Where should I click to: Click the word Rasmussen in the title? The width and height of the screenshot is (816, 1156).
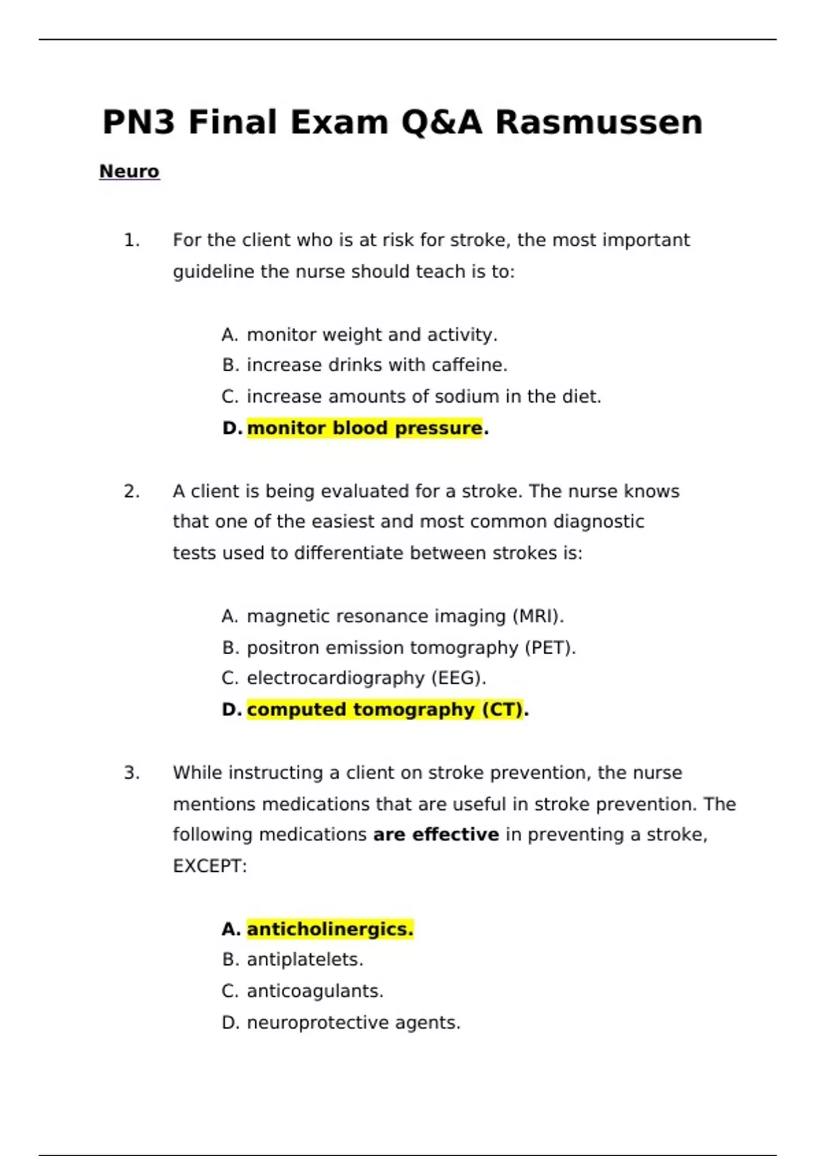598,123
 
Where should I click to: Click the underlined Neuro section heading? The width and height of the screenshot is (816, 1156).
129,171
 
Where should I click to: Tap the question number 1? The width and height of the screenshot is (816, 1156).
131,240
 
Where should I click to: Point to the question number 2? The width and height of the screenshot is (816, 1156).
131,491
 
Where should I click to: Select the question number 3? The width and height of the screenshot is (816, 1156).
131,772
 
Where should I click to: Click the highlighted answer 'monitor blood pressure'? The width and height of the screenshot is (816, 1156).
364,428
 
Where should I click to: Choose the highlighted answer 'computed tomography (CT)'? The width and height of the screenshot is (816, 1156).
385,710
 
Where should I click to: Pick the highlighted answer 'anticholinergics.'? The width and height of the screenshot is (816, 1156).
330,929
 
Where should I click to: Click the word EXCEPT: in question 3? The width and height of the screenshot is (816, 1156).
210,866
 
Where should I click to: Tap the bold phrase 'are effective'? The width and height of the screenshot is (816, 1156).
436,834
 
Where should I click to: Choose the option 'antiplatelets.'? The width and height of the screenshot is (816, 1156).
305,959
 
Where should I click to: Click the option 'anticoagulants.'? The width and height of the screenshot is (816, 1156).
315,991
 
